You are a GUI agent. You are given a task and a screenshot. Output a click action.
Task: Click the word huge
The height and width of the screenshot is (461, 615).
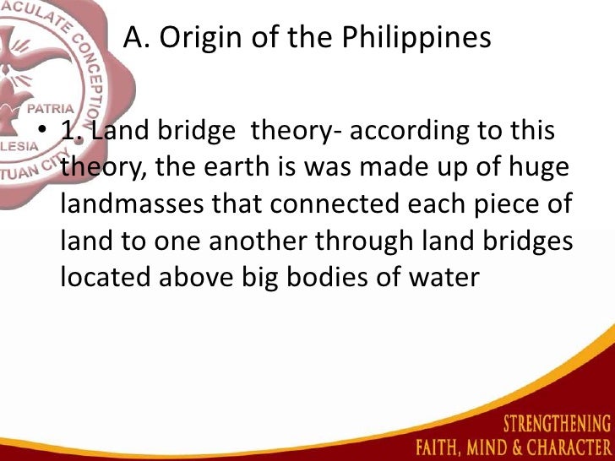pyautogui.click(x=537, y=168)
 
